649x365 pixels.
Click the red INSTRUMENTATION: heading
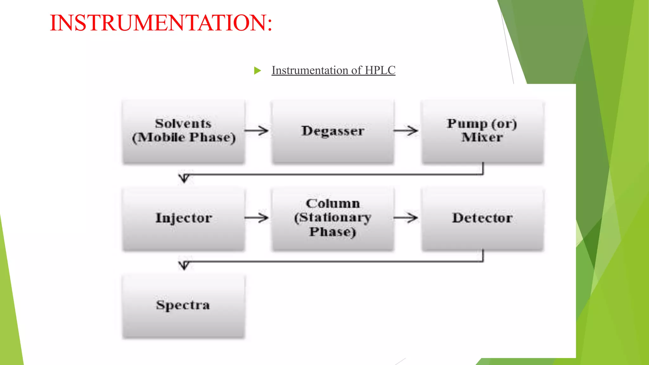coord(161,23)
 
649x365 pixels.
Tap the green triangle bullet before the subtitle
coord(257,70)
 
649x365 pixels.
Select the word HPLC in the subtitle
coord(380,70)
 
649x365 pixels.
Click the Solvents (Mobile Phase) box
coord(183,132)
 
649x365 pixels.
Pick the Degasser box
coord(333,132)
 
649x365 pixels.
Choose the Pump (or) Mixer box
coord(482,132)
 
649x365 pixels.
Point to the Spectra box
coord(183,306)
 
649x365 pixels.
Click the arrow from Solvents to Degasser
coord(256,131)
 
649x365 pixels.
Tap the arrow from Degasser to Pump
coord(406,131)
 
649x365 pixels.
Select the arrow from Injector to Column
coord(256,218)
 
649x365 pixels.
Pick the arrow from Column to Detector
coord(406,218)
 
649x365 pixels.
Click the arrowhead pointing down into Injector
coord(184,178)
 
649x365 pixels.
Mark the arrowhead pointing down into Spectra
coord(184,266)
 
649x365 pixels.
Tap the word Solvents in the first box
coord(183,124)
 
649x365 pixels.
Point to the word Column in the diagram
coord(333,204)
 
